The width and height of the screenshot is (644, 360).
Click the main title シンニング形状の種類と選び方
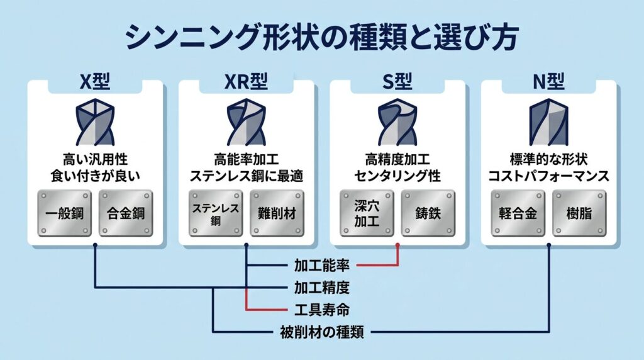click(321, 38)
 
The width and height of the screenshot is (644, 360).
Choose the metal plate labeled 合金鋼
click(125, 213)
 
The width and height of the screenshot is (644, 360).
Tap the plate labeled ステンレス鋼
click(215, 213)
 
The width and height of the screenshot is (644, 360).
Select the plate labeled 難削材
click(277, 213)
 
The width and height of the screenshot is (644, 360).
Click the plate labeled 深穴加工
click(367, 213)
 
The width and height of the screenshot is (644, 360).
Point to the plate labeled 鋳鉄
click(428, 213)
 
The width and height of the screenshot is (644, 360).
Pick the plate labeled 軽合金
click(518, 213)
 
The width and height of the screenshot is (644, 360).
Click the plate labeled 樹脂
click(579, 213)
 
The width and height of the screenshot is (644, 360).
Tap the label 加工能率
click(321, 265)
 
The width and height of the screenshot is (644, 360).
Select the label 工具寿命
click(321, 310)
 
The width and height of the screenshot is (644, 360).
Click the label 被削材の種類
click(321, 332)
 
